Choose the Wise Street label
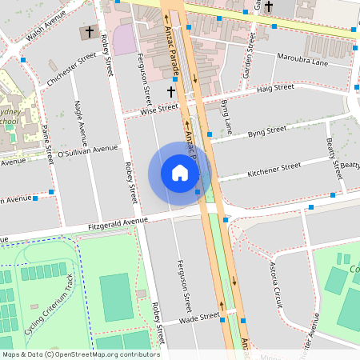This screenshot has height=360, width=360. point(158,110)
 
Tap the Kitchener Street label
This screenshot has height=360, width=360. point(274,170)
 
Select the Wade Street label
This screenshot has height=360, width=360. point(198,318)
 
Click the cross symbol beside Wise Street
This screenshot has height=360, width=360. point(171,93)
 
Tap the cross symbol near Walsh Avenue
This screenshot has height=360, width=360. point(87,33)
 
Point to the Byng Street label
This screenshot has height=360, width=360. point(266,131)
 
